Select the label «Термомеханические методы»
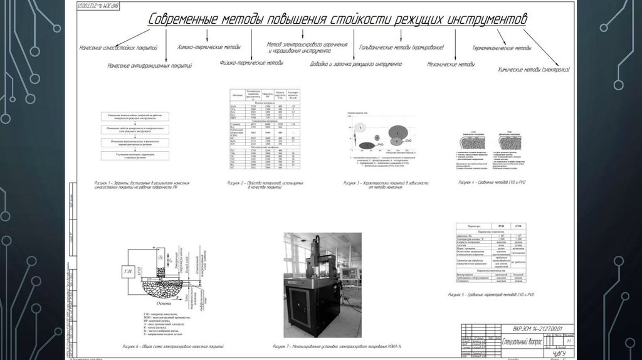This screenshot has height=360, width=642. tap(502, 48)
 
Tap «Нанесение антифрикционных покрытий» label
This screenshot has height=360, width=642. tap(149, 65)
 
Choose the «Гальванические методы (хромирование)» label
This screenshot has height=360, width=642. tap(402, 48)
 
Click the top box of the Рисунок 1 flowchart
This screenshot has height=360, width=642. tap(135, 117)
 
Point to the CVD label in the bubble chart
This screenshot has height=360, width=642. tap(408, 142)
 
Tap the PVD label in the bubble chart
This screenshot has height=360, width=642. tap(381, 145)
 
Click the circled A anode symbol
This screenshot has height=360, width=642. tap(161, 257)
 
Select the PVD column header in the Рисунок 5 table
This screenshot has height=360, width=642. tap(500, 226)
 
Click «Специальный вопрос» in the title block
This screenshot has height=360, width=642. tap(505, 341)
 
